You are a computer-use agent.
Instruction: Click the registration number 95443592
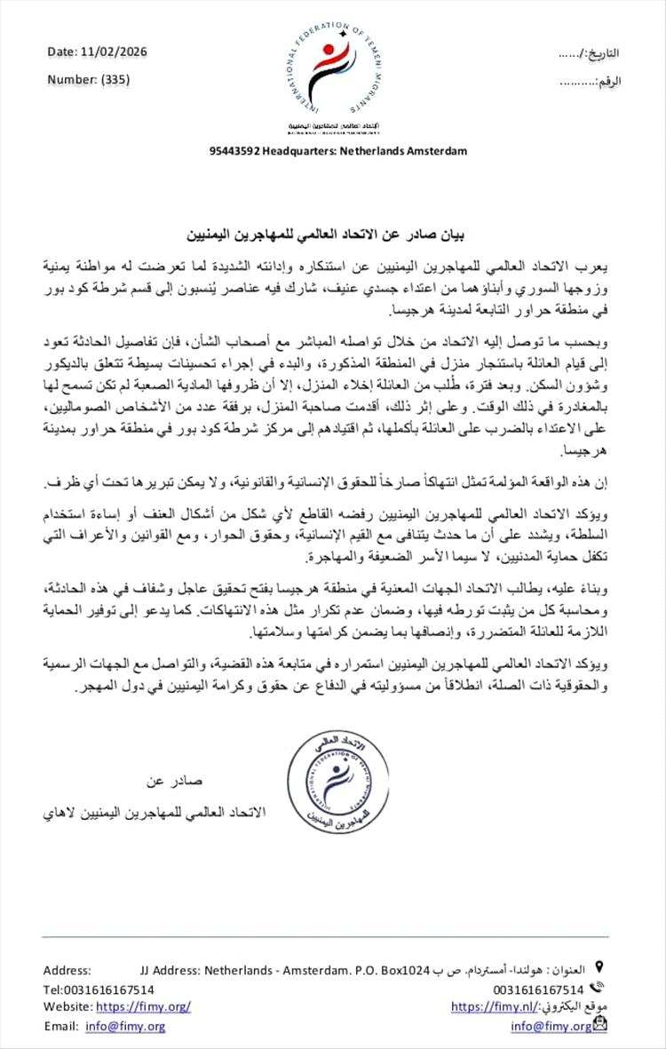coord(234,151)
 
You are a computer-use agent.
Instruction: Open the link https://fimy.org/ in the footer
coord(143,1005)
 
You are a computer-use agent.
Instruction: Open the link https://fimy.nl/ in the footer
coord(496,1005)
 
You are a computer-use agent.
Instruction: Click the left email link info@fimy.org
coord(125,1026)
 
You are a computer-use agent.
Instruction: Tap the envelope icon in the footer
coord(601,1025)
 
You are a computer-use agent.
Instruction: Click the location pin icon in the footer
coord(599,966)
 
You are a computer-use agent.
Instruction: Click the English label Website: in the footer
coord(67,1006)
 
